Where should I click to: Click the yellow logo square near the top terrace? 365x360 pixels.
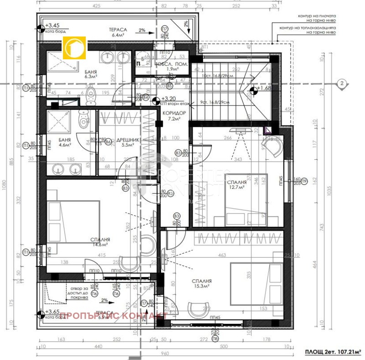click(x=74, y=48)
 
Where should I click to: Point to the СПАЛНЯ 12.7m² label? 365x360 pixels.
click(x=237, y=184)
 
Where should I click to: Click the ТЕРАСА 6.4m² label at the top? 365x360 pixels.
click(x=117, y=31)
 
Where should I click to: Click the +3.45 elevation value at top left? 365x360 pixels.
click(x=53, y=26)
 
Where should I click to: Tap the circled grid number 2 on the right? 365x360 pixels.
click(x=341, y=83)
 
